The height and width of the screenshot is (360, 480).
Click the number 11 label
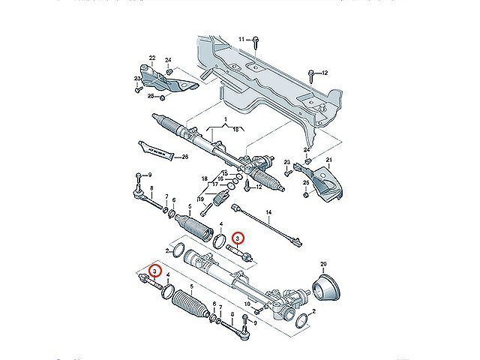(x=242, y=38)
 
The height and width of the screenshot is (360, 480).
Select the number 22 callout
(x=151, y=58)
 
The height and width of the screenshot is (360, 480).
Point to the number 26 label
(x=186, y=157)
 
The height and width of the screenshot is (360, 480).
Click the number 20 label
(x=324, y=264)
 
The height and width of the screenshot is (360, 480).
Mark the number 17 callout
(x=214, y=184)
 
